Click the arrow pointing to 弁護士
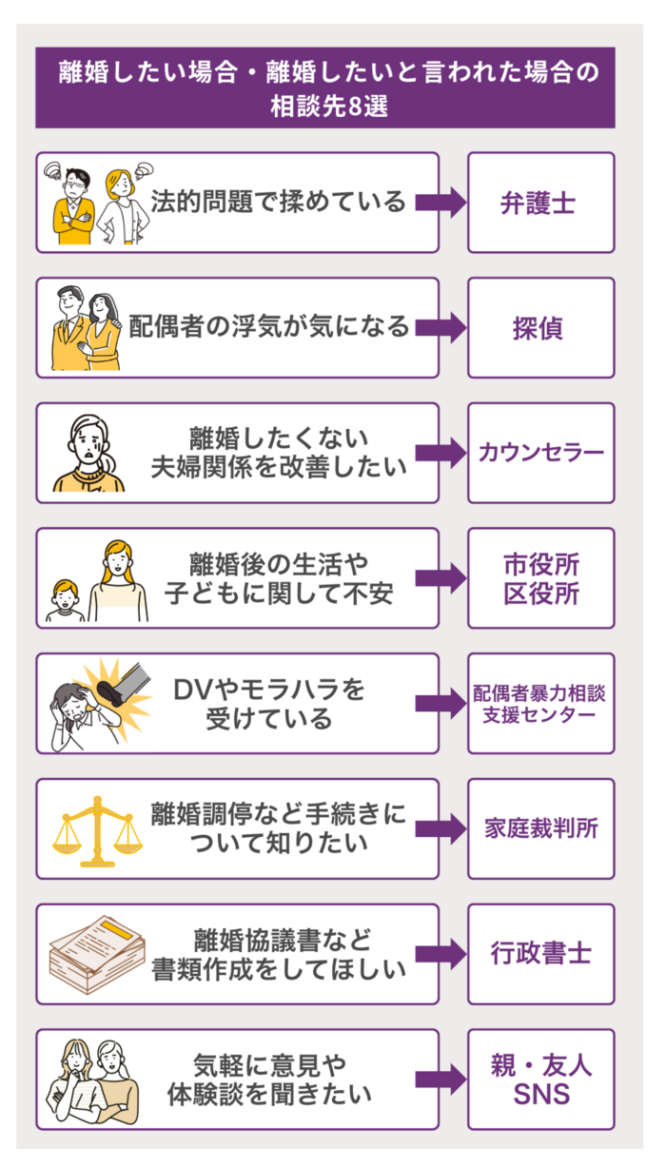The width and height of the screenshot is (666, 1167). point(440,203)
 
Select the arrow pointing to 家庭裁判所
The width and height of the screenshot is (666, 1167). point(440,828)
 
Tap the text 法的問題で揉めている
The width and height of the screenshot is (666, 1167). point(279,203)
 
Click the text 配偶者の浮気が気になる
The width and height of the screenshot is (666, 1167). point(269,328)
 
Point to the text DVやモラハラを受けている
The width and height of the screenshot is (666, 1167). point(270,703)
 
